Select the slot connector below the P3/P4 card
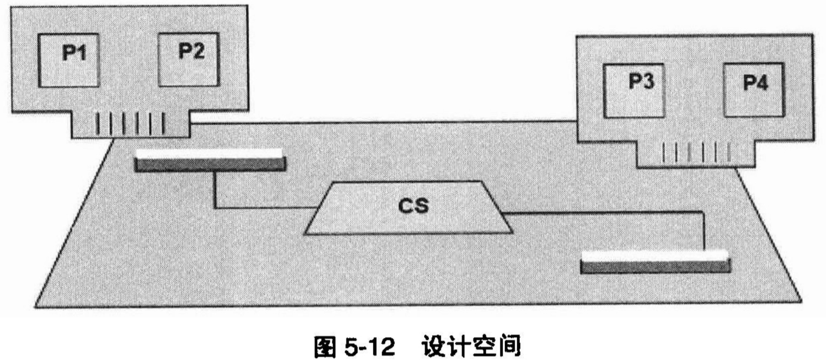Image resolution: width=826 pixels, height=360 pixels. (x=655, y=261)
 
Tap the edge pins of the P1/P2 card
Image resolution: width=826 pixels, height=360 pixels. (x=130, y=125)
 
